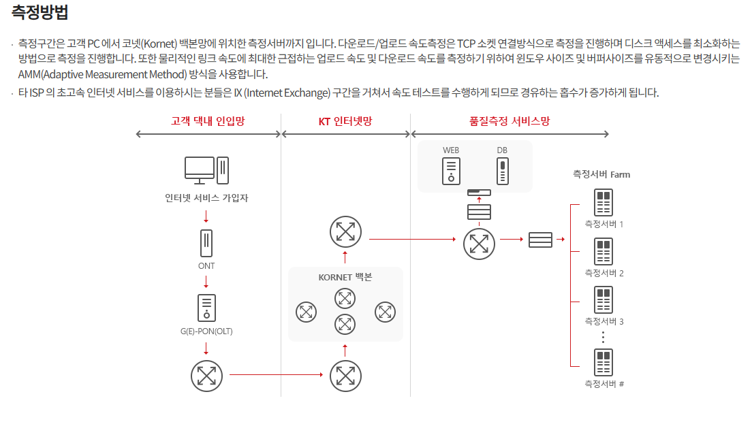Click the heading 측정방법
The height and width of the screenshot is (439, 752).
(x=40, y=12)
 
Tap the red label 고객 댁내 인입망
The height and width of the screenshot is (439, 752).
(x=207, y=121)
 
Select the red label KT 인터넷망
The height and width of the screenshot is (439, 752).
(x=345, y=121)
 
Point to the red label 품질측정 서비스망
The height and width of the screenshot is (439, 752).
(x=510, y=121)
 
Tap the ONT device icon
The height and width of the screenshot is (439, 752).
(x=206, y=243)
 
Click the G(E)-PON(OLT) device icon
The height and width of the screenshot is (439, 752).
(x=206, y=308)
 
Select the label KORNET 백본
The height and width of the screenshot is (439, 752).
(x=345, y=278)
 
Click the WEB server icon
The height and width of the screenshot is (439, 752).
(x=451, y=171)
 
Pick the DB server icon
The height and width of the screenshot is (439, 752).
(x=503, y=171)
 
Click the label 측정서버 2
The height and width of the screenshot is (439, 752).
(x=604, y=274)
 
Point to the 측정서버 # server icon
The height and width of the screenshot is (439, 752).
(x=604, y=362)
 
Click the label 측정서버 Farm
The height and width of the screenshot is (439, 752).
(x=601, y=174)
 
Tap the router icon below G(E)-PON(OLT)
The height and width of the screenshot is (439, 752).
(x=206, y=374)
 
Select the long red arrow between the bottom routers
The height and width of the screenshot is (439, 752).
(x=276, y=374)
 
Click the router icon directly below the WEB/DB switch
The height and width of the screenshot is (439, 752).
(x=479, y=244)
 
